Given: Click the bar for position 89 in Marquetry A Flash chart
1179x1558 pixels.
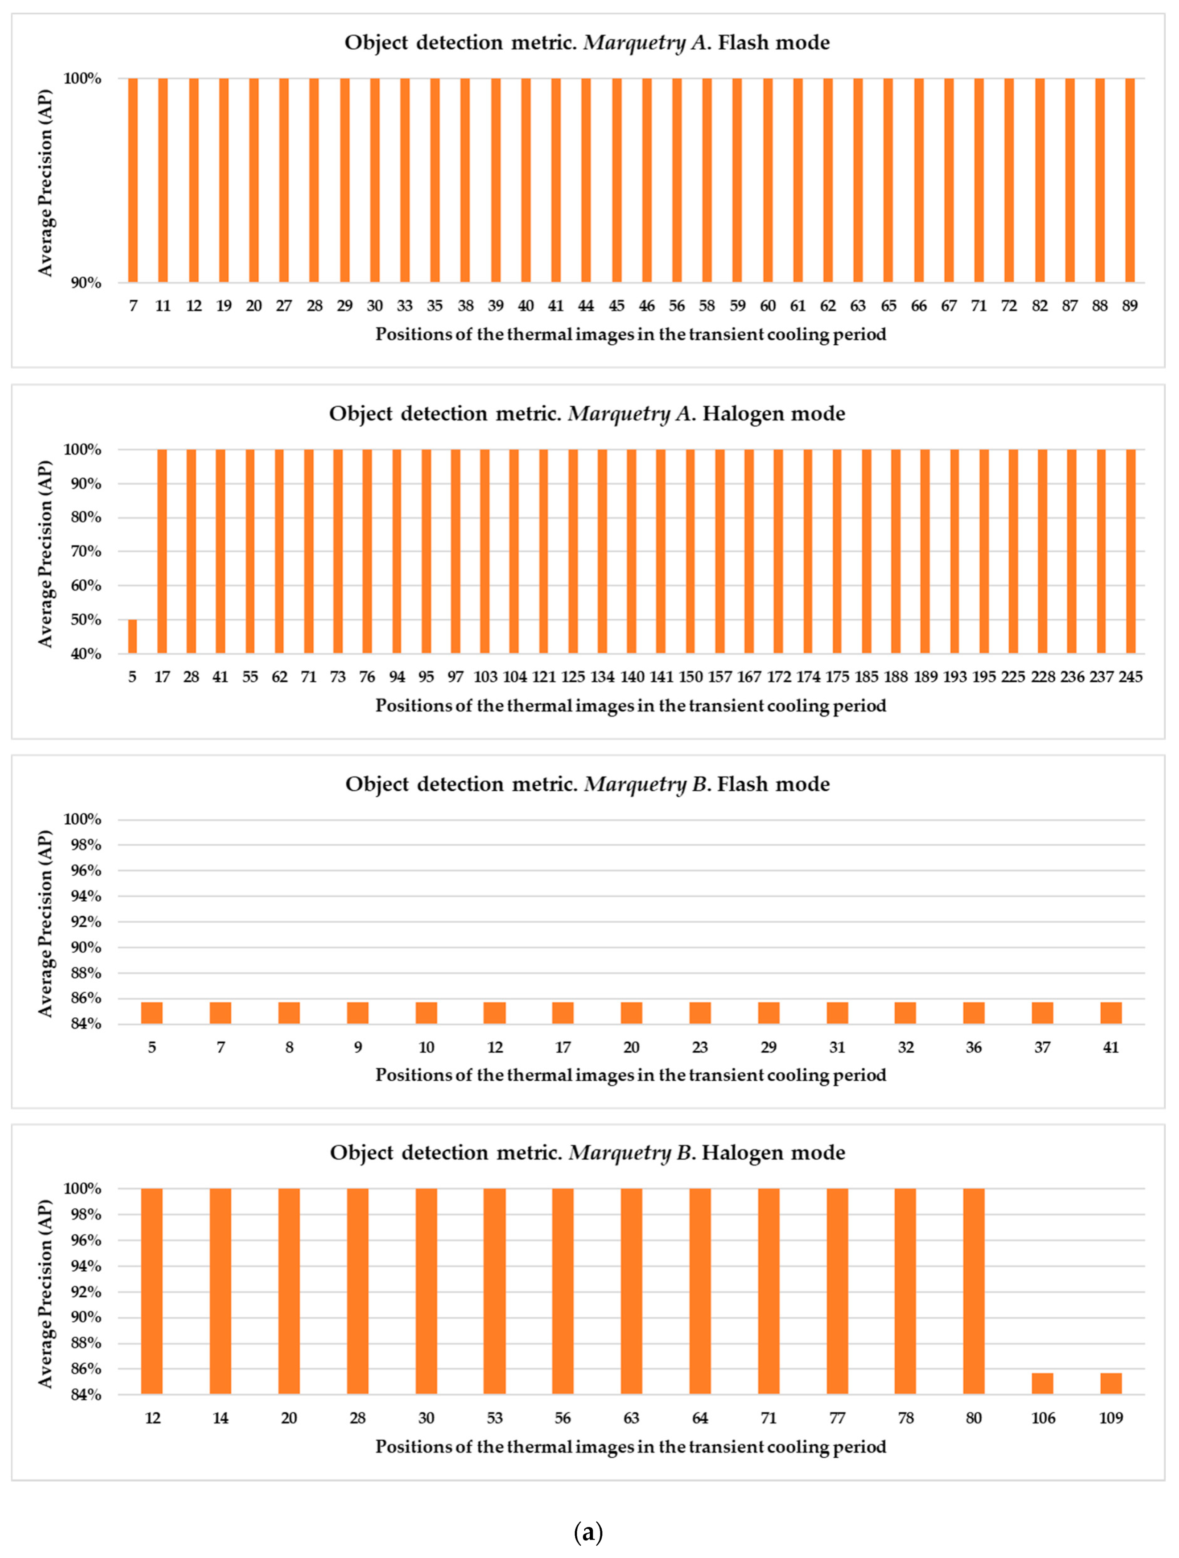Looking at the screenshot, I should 1130,180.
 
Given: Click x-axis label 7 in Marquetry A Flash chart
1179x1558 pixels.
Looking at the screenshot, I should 133,306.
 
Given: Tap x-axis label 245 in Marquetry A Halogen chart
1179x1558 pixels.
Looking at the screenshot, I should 1130,677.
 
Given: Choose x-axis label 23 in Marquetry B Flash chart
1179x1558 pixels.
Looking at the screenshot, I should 700,1047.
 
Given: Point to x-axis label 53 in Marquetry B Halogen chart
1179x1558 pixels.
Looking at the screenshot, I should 495,1418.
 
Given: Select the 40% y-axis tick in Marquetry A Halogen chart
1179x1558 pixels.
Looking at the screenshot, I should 83,655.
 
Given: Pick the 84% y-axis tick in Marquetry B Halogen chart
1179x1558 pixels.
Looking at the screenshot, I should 83,1395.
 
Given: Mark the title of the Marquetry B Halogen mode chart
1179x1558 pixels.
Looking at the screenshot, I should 587,1152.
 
